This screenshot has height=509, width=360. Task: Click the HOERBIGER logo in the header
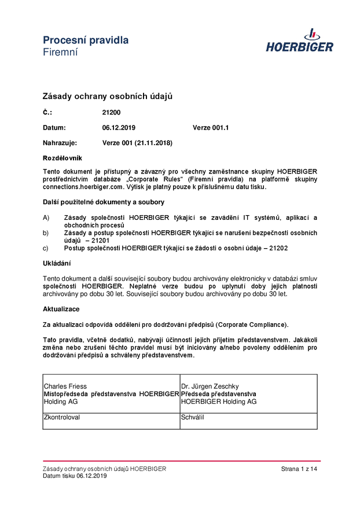(299, 41)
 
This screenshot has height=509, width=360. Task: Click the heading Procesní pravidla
(86, 40)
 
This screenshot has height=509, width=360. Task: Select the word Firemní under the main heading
(60, 52)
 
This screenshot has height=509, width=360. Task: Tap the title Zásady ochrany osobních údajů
(108, 96)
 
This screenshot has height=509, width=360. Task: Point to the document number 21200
(111, 113)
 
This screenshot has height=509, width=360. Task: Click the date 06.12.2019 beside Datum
(119, 128)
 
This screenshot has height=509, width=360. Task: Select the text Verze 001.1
(211, 128)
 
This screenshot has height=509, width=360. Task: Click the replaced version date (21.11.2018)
(153, 143)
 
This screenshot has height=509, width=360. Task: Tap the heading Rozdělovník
(63, 158)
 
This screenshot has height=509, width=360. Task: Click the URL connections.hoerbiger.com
(83, 187)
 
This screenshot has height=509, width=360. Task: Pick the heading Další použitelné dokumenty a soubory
(104, 202)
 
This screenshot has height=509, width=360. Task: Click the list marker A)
(46, 217)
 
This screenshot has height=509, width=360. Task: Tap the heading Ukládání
(57, 263)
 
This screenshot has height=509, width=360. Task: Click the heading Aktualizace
(61, 309)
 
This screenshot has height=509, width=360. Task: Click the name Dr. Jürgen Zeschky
(210, 386)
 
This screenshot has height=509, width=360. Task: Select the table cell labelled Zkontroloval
(111, 421)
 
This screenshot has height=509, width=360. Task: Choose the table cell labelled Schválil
(248, 421)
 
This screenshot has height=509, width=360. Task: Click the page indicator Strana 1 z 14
(299, 469)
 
